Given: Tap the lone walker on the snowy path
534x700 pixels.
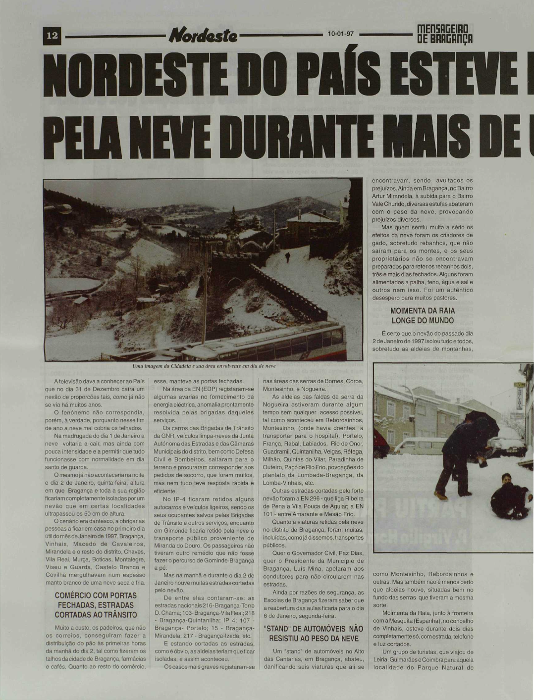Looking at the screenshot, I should pyautogui.click(x=287, y=256).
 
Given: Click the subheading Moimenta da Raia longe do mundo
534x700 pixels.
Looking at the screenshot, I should pyautogui.click(x=422, y=315).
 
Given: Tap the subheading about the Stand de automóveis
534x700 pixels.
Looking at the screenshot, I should pyautogui.click(x=314, y=633).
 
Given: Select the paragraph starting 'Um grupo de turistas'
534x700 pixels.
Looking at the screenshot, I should pyautogui.click(x=423, y=659).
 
